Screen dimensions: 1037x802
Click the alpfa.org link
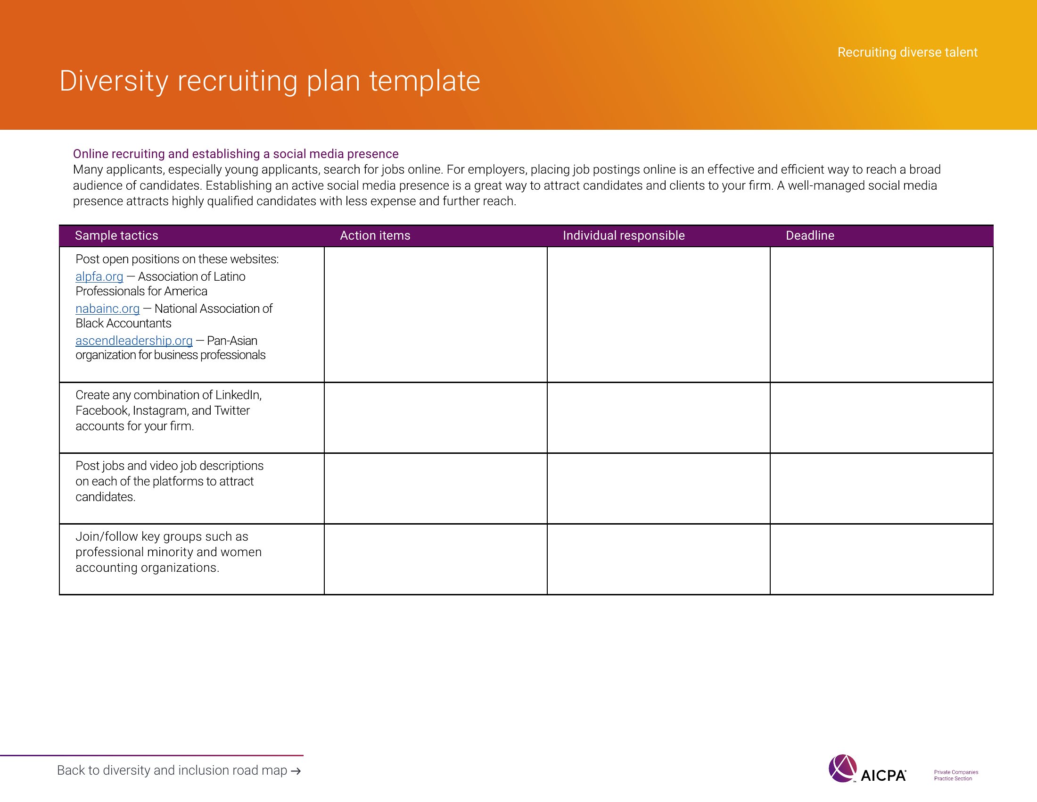click(x=99, y=276)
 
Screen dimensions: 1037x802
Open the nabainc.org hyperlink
click(x=107, y=309)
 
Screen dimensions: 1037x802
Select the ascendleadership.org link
click(x=134, y=341)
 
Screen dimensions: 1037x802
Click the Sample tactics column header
click(x=116, y=235)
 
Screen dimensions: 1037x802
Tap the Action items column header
click(x=375, y=235)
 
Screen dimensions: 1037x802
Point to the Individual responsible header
click(x=624, y=235)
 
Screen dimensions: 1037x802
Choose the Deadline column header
click(x=809, y=235)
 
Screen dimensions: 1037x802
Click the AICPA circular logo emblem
click(x=842, y=768)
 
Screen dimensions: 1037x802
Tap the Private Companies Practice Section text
click(x=956, y=776)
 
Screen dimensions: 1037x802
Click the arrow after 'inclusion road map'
click(x=296, y=771)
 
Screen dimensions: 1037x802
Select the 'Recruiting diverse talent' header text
click(x=907, y=52)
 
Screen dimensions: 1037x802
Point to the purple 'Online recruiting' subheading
click(x=236, y=154)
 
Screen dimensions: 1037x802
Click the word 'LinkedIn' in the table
click(x=238, y=395)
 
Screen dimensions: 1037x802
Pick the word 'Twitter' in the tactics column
click(x=232, y=410)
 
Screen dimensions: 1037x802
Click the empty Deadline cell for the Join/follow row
click(x=881, y=559)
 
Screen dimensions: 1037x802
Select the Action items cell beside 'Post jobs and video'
click(x=436, y=488)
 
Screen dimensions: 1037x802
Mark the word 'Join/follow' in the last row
click(x=107, y=537)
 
